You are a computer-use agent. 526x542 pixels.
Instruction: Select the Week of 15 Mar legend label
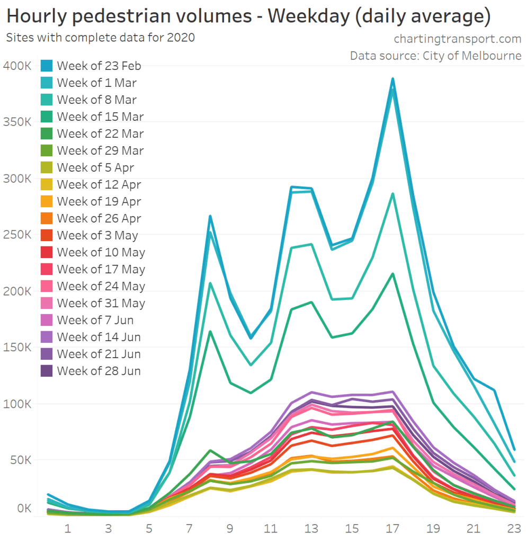(x=100, y=117)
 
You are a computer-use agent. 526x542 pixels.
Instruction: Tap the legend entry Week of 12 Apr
(x=99, y=184)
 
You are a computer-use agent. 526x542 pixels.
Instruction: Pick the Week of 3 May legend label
(x=97, y=235)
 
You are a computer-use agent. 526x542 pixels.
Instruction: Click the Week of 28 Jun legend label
(x=99, y=371)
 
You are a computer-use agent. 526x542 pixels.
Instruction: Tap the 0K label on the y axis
(x=24, y=509)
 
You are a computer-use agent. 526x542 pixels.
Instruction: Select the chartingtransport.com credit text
(x=458, y=39)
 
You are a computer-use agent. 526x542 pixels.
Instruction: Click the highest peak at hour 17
(x=393, y=79)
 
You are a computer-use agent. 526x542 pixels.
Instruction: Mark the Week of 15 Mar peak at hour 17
(x=393, y=274)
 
